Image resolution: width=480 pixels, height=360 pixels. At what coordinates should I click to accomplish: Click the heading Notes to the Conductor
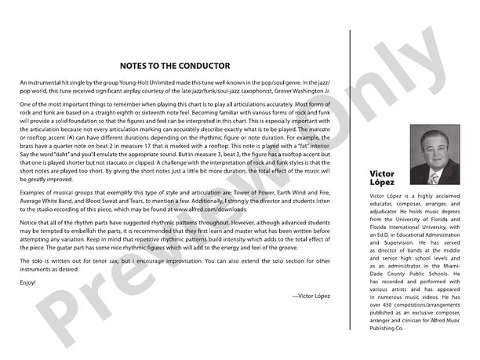pyautogui.click(x=175, y=66)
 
